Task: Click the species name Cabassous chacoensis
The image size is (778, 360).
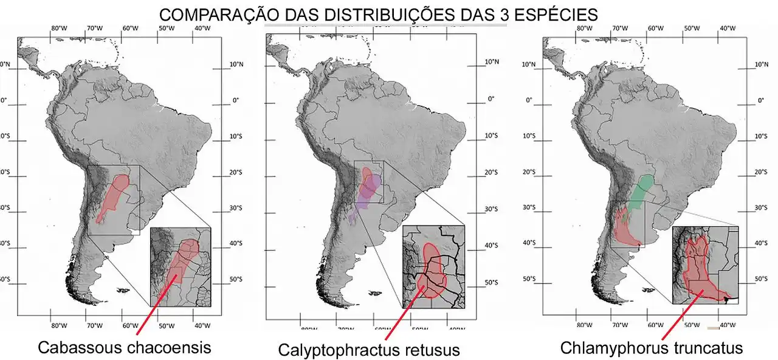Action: pos(124,347)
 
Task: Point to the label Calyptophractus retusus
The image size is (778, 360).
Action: pos(368,350)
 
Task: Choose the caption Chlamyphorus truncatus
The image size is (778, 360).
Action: pos(651,348)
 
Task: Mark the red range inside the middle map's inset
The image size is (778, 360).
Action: pos(432,271)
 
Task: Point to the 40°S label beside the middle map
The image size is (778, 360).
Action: pos(491,246)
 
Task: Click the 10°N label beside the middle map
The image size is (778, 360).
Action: pos(491,63)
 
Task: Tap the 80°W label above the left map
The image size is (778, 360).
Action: pos(59,28)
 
